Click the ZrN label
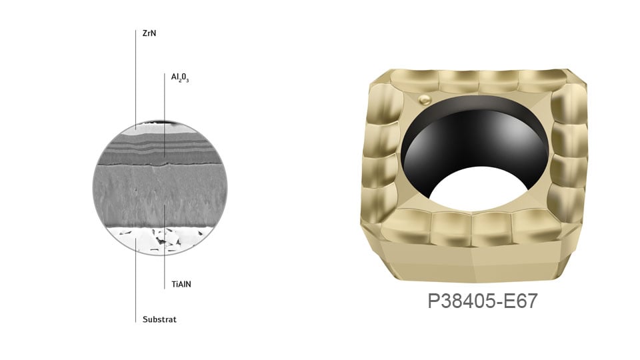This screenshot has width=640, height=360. (149, 33)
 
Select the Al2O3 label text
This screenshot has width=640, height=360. (179, 77)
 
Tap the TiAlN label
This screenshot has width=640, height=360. (181, 284)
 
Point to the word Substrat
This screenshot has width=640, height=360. (159, 319)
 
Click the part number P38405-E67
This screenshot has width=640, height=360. (483, 301)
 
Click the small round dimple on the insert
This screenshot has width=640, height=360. (425, 99)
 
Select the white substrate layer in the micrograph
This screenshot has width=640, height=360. (160, 240)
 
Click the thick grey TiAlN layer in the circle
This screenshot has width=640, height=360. (160, 196)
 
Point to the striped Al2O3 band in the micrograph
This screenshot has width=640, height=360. (160, 149)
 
